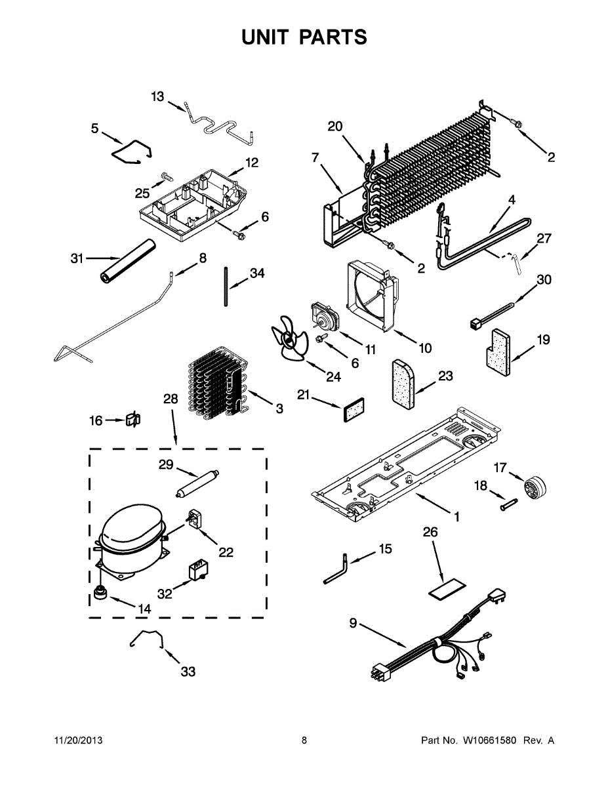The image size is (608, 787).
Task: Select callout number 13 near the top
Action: point(157,97)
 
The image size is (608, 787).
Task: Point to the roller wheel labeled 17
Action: point(535,489)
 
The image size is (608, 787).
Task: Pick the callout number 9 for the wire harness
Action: point(353,624)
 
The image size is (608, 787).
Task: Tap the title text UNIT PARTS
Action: point(304,37)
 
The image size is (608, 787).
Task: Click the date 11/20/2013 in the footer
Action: point(77,740)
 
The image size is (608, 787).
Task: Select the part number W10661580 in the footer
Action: point(487,740)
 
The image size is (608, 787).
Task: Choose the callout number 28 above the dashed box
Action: point(171,399)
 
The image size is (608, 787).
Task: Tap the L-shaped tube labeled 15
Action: point(334,568)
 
